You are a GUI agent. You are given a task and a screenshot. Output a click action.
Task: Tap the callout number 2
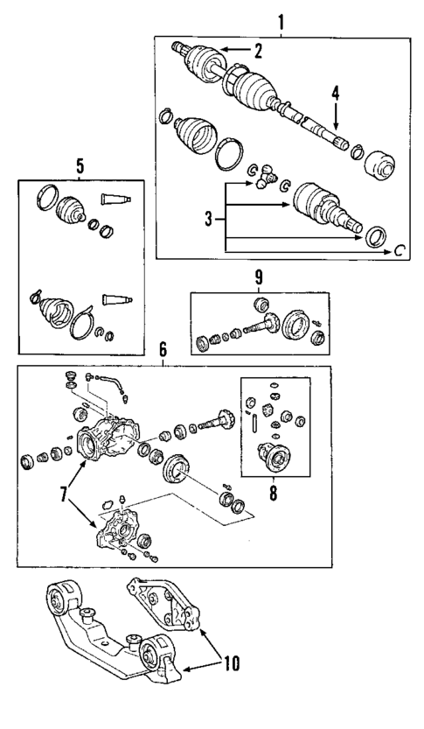click(x=258, y=51)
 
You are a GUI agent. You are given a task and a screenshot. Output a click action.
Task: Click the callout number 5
click(x=80, y=165)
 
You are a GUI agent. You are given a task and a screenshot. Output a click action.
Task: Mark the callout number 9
click(x=258, y=279)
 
